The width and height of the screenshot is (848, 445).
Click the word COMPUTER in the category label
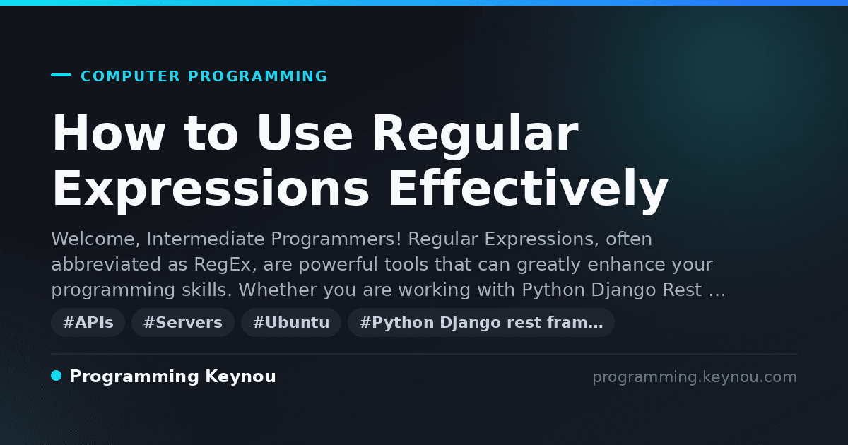(x=130, y=76)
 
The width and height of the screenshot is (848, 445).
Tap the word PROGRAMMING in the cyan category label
(x=257, y=76)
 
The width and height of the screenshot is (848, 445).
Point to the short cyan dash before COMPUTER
(x=61, y=75)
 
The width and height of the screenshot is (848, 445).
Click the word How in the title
(x=109, y=133)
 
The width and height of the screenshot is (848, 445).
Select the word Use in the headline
(x=305, y=133)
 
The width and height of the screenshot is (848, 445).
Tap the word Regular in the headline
(x=475, y=134)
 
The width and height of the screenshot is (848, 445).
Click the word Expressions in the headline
(x=210, y=190)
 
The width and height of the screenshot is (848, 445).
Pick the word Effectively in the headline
(x=529, y=189)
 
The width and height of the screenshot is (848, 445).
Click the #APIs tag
(x=88, y=322)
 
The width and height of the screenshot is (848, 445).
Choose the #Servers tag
(x=183, y=322)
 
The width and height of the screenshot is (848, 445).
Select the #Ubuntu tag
(x=291, y=322)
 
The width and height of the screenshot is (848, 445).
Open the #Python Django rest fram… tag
(x=481, y=322)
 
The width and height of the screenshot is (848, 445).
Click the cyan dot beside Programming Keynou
(x=57, y=376)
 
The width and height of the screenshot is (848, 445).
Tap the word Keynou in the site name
(x=240, y=376)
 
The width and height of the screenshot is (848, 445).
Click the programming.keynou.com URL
(x=695, y=377)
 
